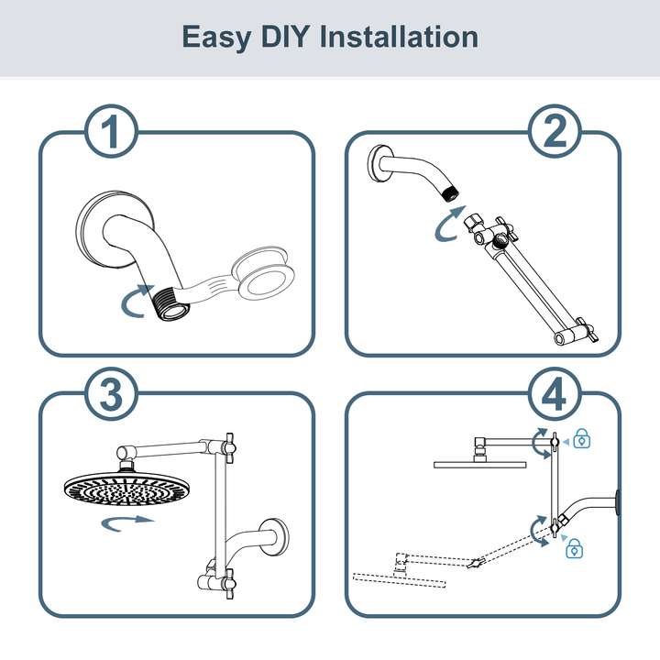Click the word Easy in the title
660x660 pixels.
pos(216,38)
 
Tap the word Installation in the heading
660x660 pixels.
pos(399,37)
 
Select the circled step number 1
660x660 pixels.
pos(112,131)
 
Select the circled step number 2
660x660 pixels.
pos(555,131)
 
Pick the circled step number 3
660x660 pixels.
pos(112,394)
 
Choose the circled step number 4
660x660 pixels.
pos(555,394)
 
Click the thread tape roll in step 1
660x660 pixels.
pos(263,273)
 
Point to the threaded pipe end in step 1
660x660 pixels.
pos(171,304)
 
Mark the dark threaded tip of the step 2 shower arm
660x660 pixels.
pos(450,194)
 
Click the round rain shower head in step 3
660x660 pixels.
pos(127,489)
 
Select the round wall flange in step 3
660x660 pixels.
pos(273,536)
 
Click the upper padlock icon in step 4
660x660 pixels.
pos(582,438)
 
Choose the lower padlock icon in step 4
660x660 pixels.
pos(574,548)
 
